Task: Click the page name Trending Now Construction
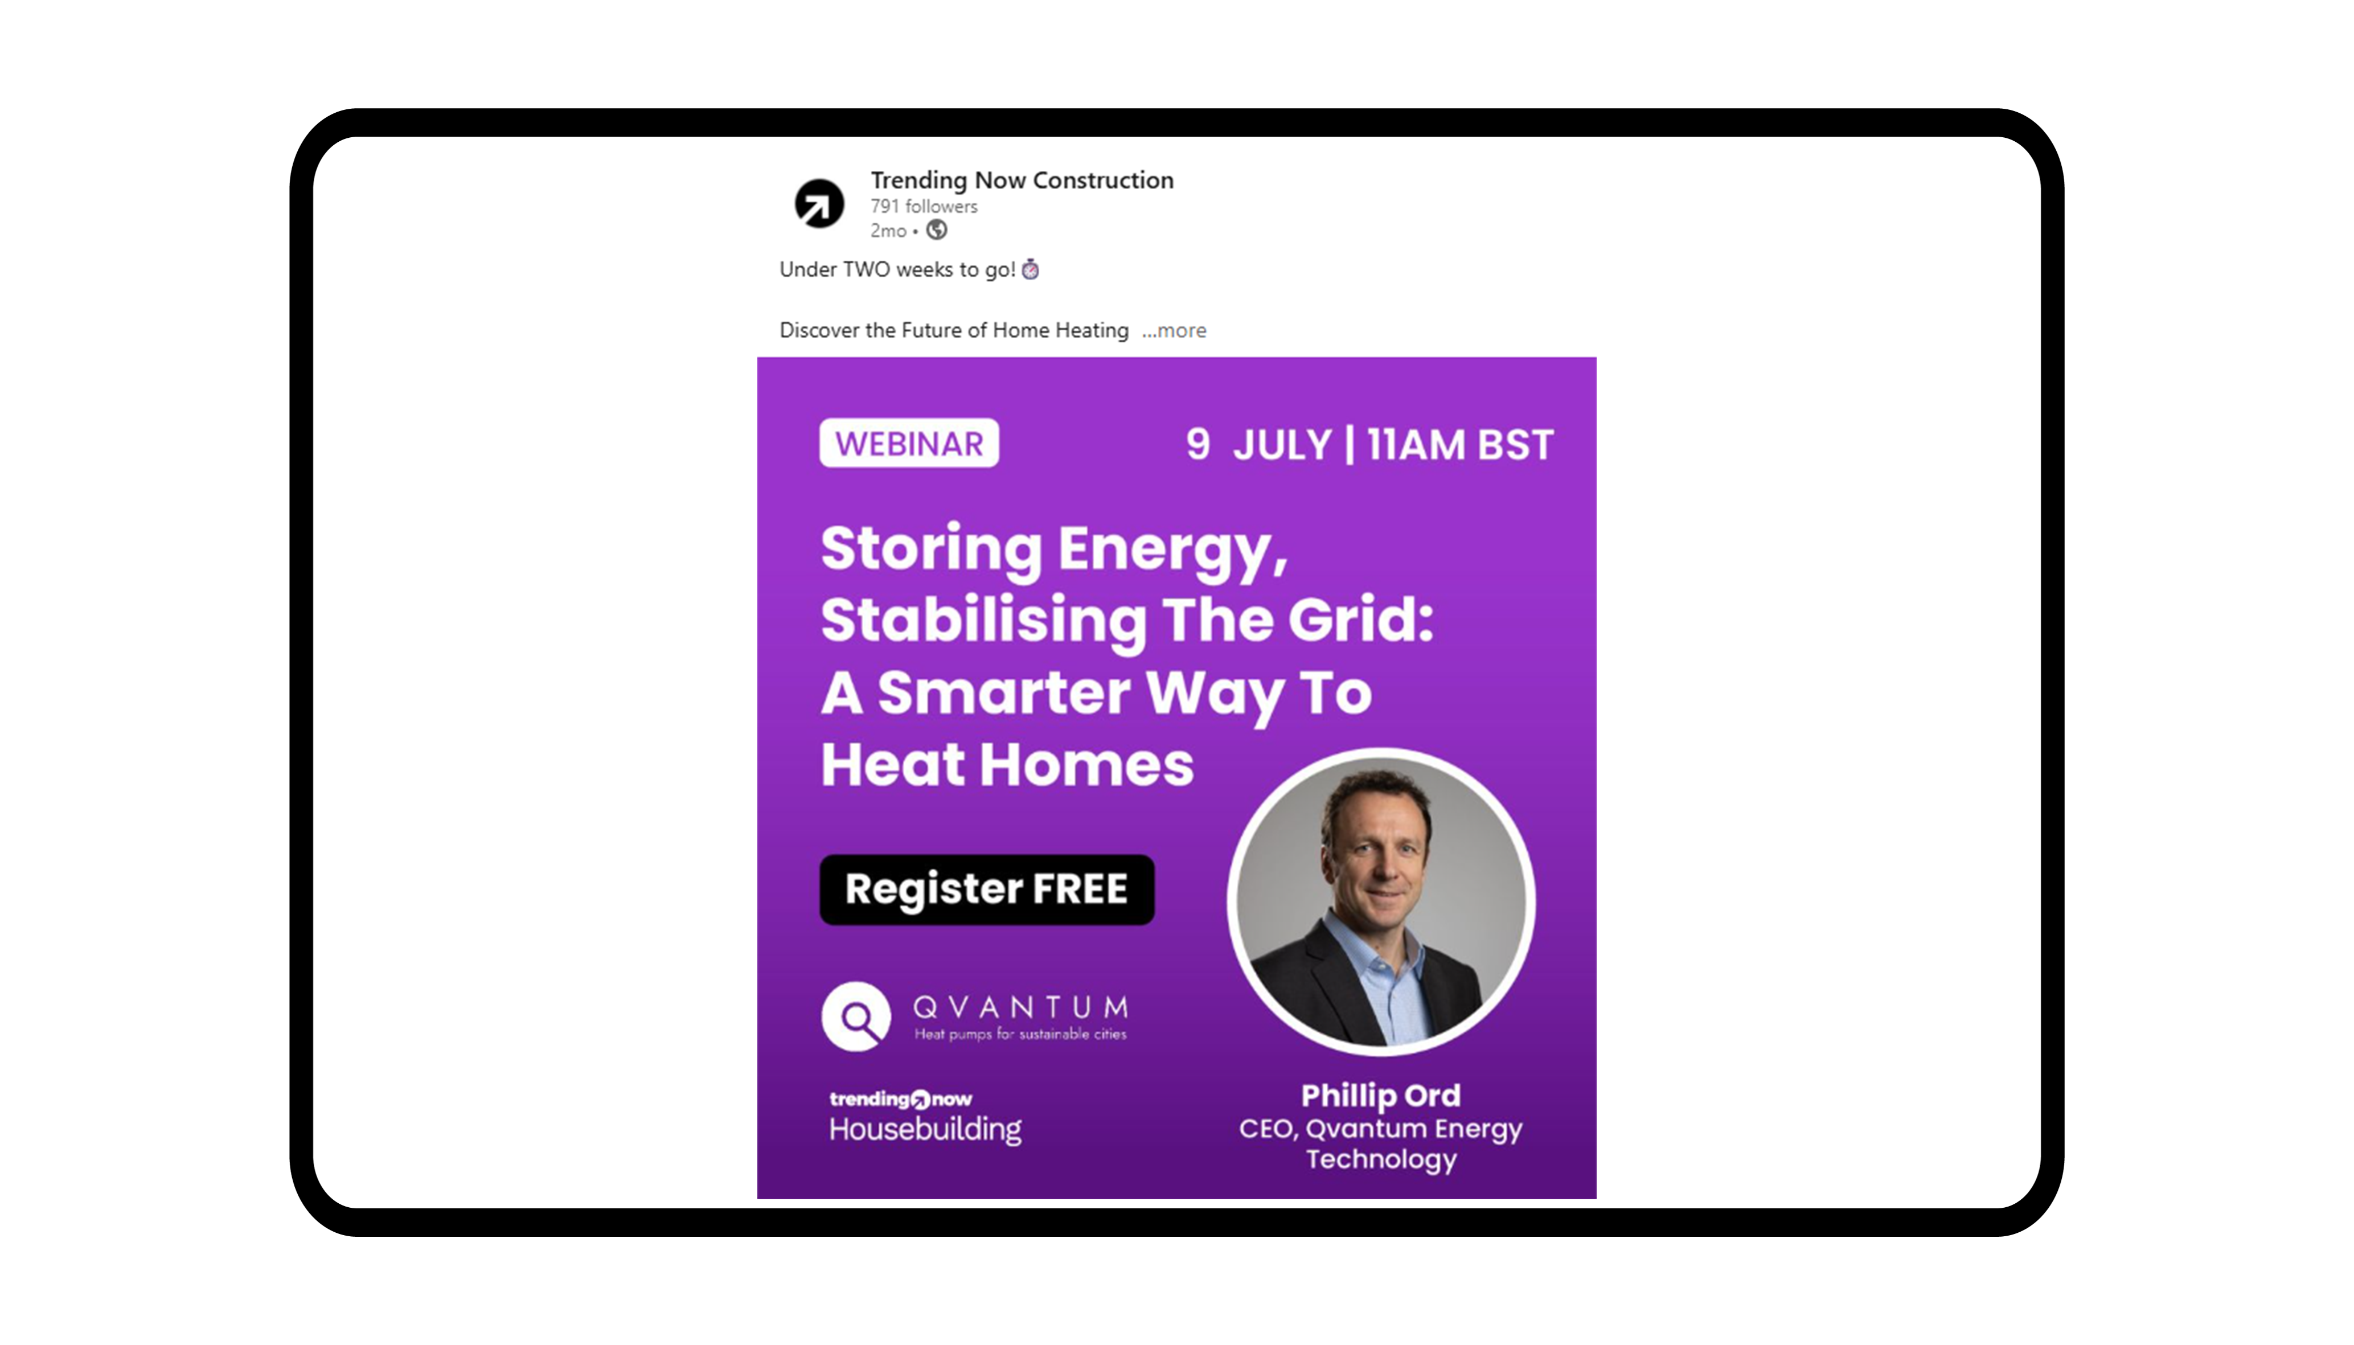1022,180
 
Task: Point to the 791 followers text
924,206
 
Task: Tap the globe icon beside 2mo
937,230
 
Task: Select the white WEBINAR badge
909,444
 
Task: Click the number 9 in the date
1197,444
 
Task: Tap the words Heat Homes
1007,765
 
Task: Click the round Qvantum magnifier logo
856,1016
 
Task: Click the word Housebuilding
925,1129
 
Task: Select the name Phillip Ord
1381,1096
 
